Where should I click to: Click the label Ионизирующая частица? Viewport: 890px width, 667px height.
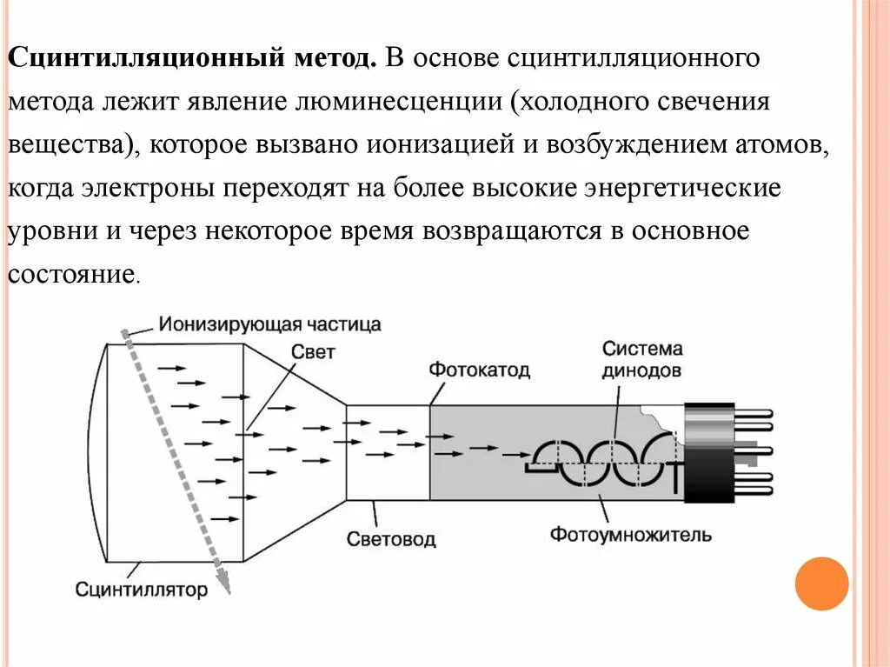tap(269, 325)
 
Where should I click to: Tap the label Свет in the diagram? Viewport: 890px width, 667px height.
tap(312, 352)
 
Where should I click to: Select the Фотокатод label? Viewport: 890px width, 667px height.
tap(479, 370)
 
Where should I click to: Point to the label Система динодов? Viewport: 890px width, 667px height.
tap(641, 359)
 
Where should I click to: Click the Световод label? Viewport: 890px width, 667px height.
tap(391, 539)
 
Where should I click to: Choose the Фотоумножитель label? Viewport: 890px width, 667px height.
tap(630, 533)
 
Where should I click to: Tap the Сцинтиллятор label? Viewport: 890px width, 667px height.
tap(142, 590)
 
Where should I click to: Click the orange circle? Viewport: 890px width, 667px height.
tap(821, 584)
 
